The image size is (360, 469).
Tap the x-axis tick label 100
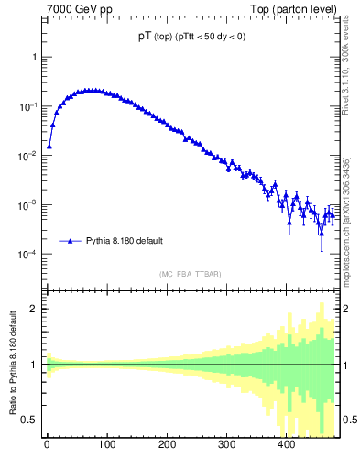click(x=106, y=445)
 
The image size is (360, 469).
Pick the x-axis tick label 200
click(x=167, y=445)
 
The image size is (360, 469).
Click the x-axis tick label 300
click(x=226, y=445)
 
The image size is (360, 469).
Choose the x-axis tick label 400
click(x=286, y=445)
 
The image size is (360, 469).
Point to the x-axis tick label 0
click(x=47, y=445)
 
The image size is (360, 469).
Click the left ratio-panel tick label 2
click(x=33, y=309)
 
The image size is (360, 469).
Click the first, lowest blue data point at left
click(x=49, y=145)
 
